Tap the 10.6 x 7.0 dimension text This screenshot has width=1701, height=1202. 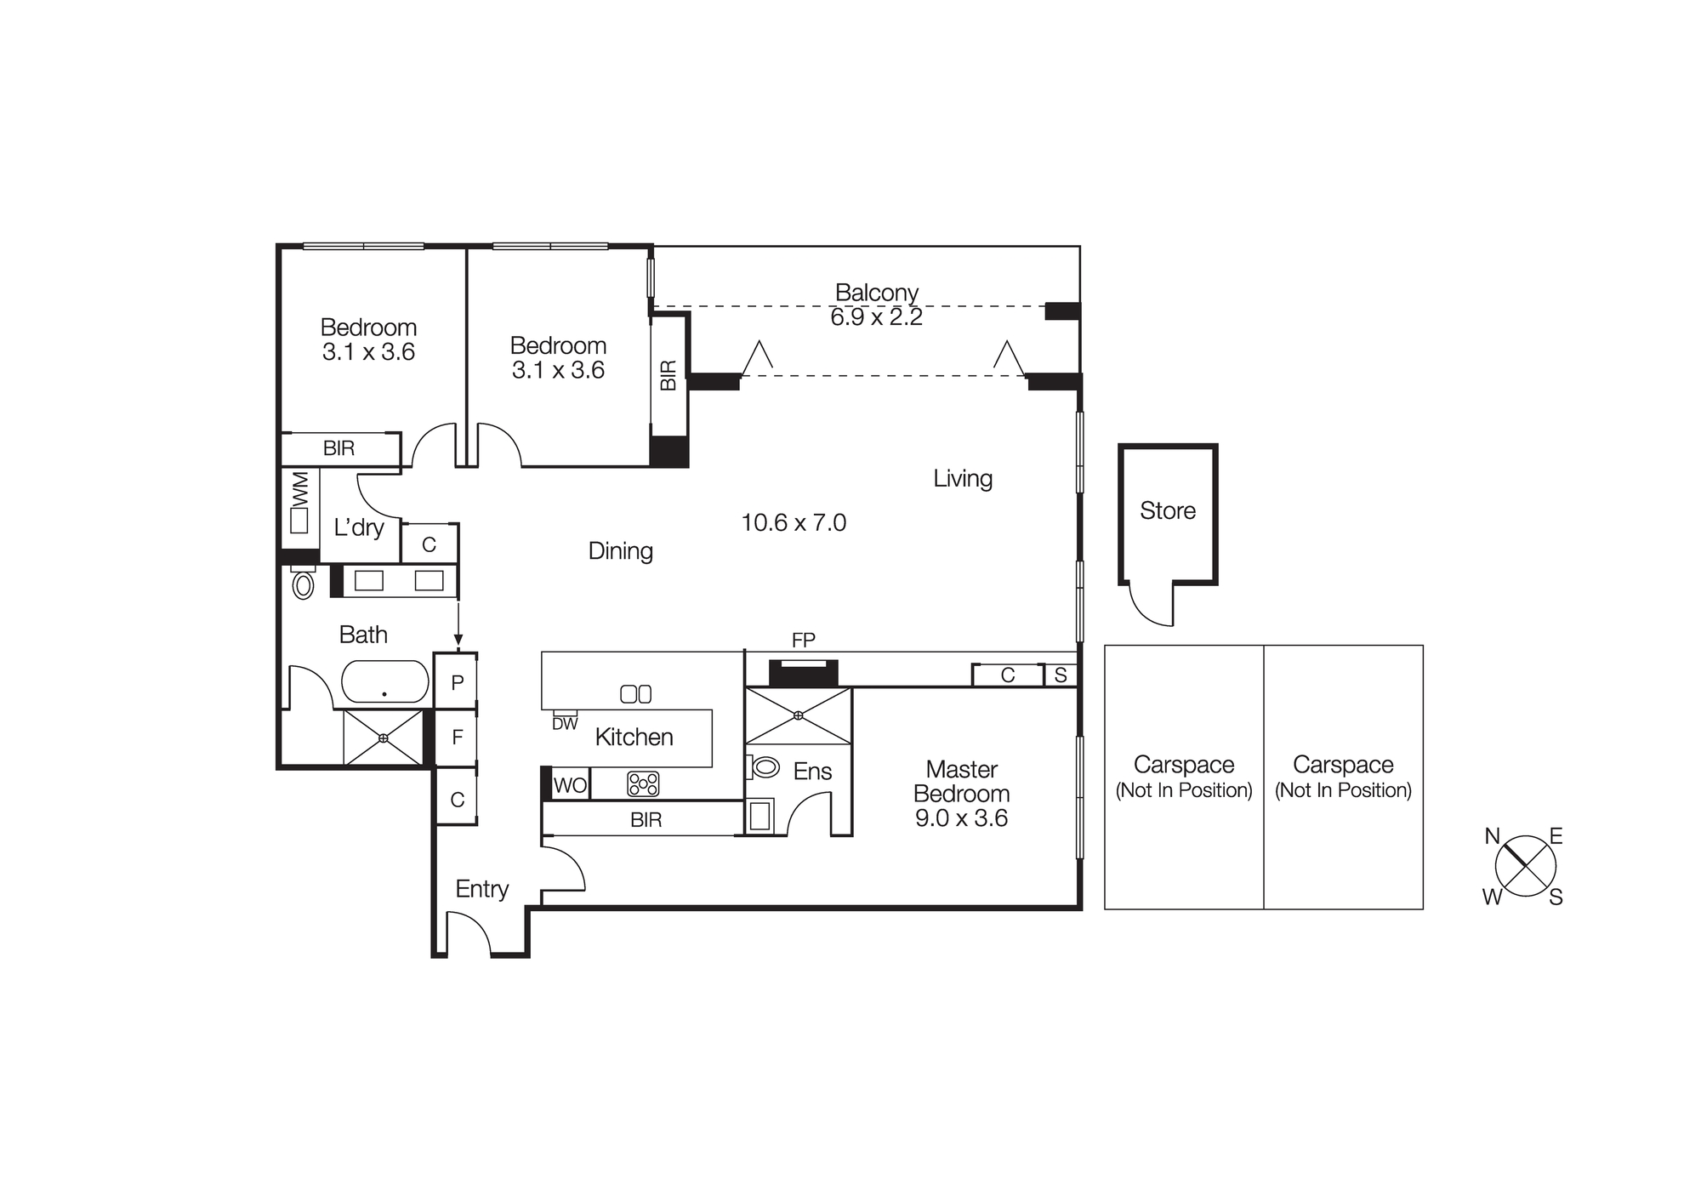(794, 522)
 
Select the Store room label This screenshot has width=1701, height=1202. (1167, 510)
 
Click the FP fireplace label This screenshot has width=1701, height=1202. (803, 640)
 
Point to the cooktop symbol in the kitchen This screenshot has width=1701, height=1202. (643, 783)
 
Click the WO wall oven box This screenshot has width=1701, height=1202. (569, 785)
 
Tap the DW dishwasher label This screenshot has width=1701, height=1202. (565, 724)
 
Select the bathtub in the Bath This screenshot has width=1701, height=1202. (385, 682)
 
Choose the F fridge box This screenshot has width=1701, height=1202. (457, 738)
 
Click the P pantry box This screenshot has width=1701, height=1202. (457, 682)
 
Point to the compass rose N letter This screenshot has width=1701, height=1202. (1492, 836)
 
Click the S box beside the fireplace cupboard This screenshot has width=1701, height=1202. (1060, 675)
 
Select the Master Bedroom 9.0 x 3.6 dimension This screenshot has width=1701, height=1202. (961, 818)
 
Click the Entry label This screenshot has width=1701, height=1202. (481, 889)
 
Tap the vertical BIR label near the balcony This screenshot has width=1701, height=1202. (668, 375)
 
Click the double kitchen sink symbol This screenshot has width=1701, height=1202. (635, 694)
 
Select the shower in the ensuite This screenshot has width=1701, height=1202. (798, 715)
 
